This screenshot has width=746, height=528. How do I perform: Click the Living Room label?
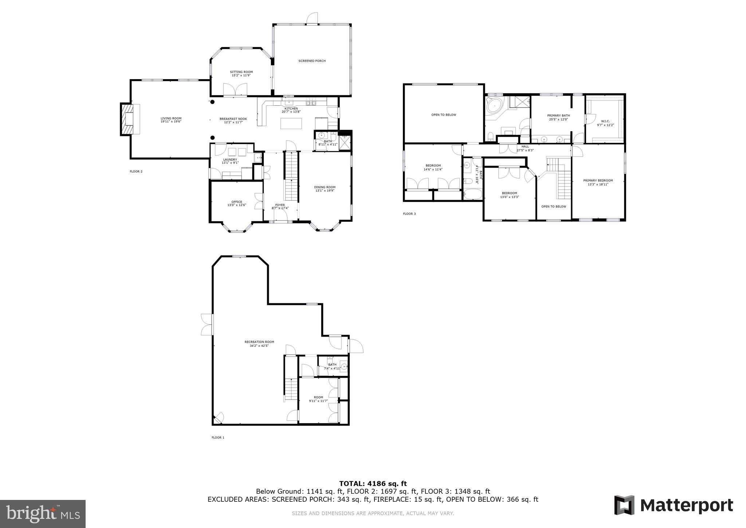coord(171,118)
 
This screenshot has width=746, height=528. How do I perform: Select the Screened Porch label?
coord(312,61)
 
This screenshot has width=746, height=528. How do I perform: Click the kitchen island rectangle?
coord(291,123)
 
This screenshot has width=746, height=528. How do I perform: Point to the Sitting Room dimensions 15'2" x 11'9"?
coord(241,75)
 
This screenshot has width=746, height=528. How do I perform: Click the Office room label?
coord(237,202)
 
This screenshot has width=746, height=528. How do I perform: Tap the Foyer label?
coord(280,205)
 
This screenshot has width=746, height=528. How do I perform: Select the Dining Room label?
coord(325,187)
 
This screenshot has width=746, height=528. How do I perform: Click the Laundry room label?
coord(230,159)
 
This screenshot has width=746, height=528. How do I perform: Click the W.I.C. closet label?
coord(605,121)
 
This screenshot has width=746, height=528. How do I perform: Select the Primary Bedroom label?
coord(598,180)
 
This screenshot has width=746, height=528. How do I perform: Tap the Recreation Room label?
coord(259,342)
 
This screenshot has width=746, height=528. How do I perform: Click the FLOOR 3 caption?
coord(409,214)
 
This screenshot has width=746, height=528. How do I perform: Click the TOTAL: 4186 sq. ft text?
coord(373,484)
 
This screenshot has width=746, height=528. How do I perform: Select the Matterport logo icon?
coord(624,505)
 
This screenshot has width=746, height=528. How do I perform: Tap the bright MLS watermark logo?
coord(43,514)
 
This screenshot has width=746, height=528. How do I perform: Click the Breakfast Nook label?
coord(233,119)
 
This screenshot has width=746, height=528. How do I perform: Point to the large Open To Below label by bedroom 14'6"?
coord(443,115)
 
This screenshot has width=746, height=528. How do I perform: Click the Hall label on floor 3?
coord(525,147)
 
